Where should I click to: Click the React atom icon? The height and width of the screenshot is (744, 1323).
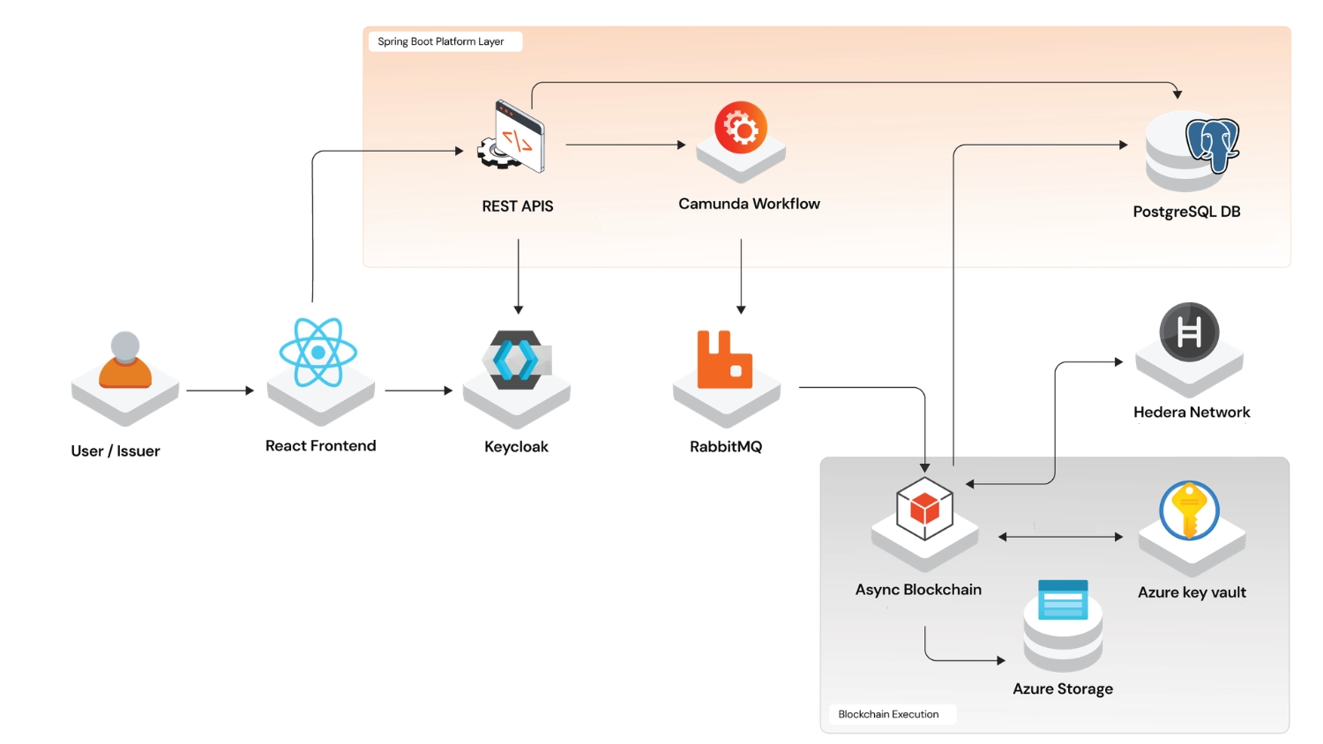click(x=318, y=353)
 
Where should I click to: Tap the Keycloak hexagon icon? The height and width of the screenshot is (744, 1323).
click(x=516, y=360)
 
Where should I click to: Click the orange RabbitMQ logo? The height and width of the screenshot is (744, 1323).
click(x=724, y=361)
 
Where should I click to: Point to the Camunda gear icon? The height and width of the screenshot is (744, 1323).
click(x=741, y=129)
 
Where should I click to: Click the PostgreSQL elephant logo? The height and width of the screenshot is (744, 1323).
click(x=1212, y=145)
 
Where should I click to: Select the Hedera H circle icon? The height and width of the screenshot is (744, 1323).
click(x=1189, y=332)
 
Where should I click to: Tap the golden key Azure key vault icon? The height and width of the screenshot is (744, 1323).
click(x=1189, y=510)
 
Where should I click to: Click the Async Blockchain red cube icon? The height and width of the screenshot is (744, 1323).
click(x=924, y=509)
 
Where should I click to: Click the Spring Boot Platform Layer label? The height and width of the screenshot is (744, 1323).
click(x=441, y=41)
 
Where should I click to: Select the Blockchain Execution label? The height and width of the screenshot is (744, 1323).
click(x=888, y=714)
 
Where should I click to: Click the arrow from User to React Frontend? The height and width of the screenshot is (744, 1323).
click(x=220, y=391)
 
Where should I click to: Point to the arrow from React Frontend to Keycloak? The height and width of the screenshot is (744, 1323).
click(x=418, y=391)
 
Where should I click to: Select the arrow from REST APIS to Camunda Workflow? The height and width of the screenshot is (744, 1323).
click(x=625, y=145)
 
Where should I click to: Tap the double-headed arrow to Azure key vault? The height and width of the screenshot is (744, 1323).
click(x=1060, y=537)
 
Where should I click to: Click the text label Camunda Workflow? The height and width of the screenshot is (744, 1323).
click(x=749, y=204)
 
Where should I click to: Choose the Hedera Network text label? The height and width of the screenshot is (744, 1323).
click(x=1192, y=412)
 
